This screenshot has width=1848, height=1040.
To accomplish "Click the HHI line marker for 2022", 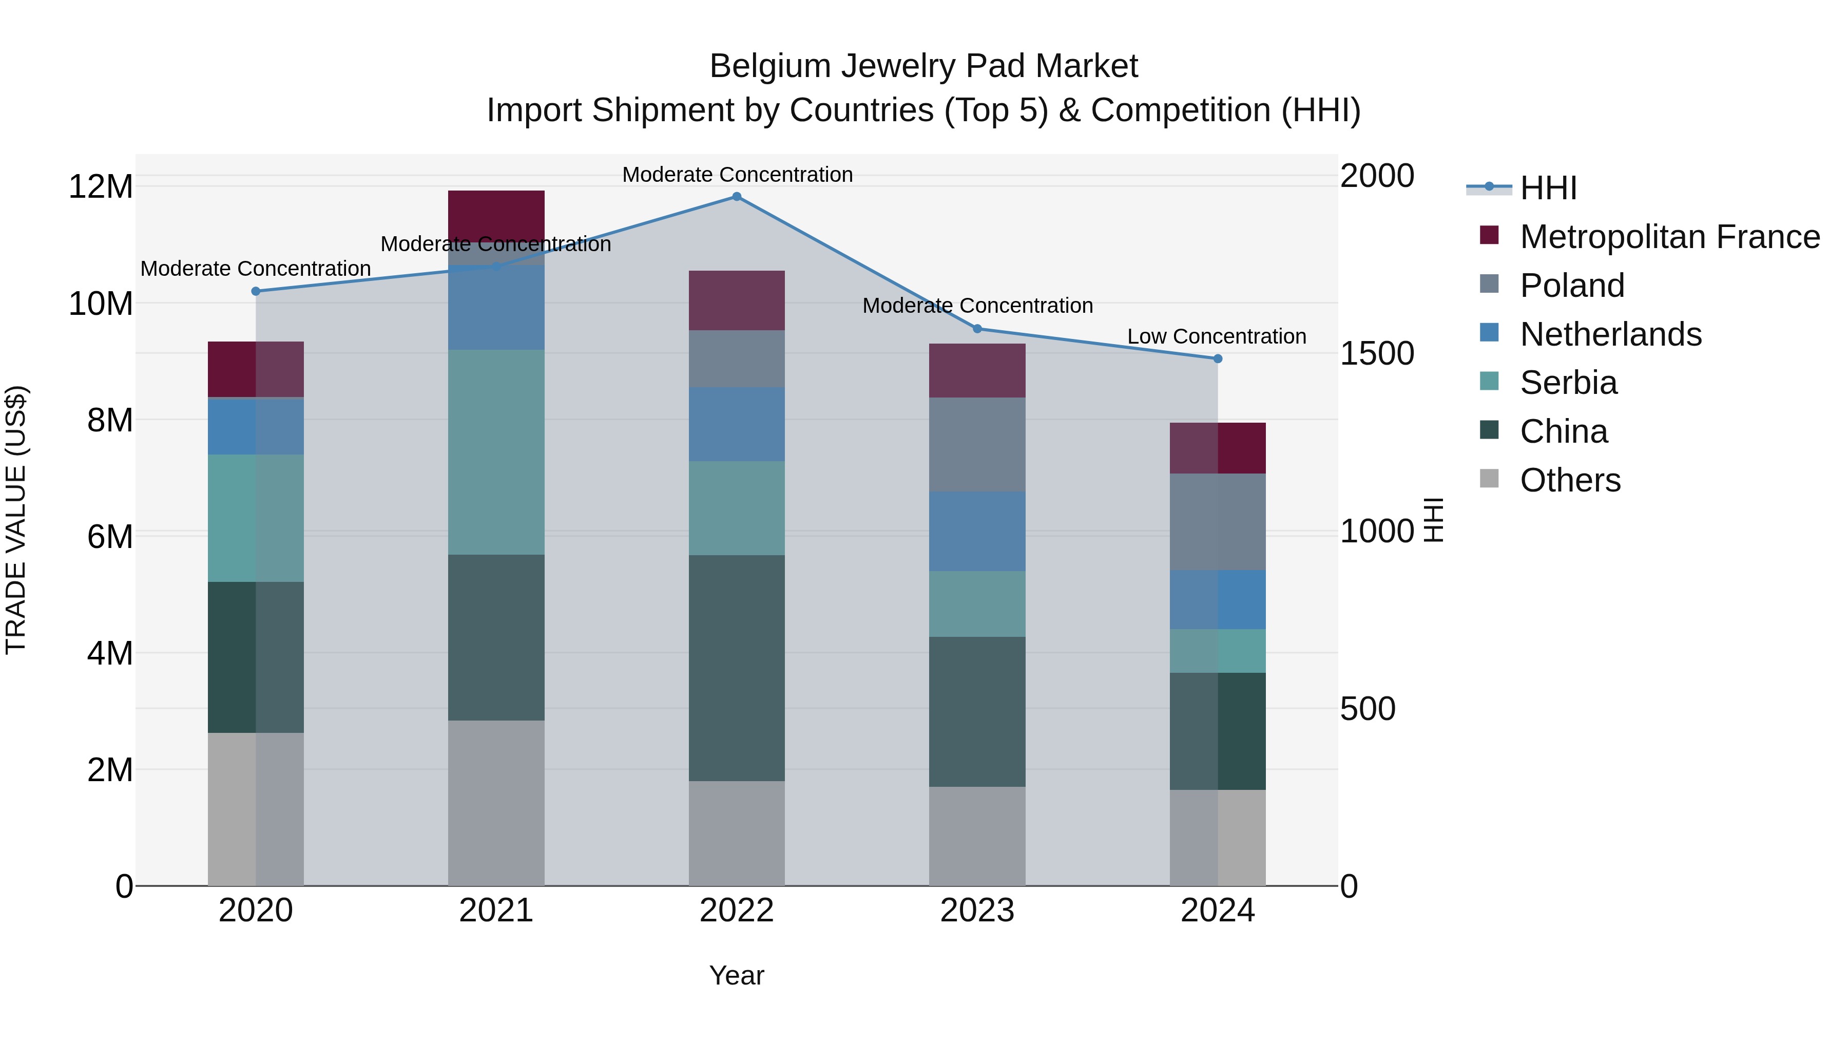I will click(x=736, y=197).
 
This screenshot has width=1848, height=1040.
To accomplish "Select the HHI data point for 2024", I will click(x=1218, y=358).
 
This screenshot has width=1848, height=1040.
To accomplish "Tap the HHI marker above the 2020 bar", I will click(x=256, y=291).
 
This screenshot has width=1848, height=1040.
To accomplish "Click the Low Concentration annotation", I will click(x=1216, y=336).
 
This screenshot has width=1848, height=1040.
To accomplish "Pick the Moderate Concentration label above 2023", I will click(x=977, y=306).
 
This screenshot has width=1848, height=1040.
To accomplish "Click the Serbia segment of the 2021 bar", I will click(x=496, y=452).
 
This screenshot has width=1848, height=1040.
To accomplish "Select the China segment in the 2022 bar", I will click(x=736, y=668).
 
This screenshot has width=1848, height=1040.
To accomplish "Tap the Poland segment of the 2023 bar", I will click(x=976, y=444).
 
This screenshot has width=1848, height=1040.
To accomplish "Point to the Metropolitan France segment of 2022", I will click(x=736, y=300).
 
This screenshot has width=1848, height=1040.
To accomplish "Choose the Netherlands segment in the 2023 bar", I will click(x=976, y=531).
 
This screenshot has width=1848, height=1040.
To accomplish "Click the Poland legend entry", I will click(x=1571, y=286).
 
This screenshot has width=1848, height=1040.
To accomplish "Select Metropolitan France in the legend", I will click(x=1669, y=237).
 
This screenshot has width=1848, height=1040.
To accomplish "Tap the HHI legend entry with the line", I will click(x=1547, y=188).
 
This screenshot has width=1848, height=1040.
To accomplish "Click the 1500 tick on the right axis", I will click(x=1376, y=353).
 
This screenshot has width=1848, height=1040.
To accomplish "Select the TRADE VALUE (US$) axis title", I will click(x=16, y=520).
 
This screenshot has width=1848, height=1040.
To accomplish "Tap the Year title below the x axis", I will click(x=736, y=975).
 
